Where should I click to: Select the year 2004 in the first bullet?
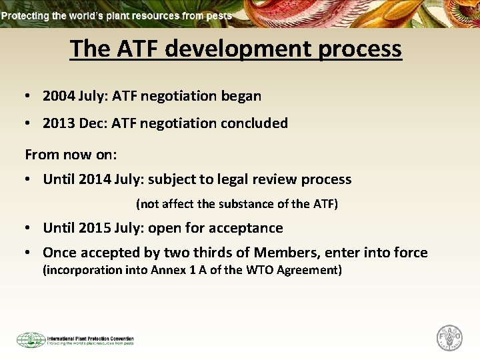coord(59,96)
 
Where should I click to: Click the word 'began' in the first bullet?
coord(240,96)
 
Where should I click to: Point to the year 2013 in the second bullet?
coord(59,123)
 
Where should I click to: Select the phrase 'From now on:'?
coord(71,155)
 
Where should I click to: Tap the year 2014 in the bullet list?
coord(95,179)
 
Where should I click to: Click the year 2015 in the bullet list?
coord(95,228)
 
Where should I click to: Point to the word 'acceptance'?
coord(246,228)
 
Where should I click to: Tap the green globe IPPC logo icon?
coord(31,340)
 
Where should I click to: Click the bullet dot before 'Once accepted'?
coord(29,253)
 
